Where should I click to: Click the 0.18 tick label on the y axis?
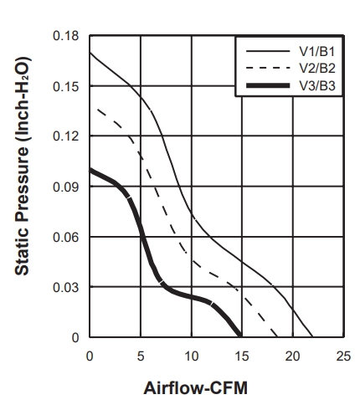pyautogui.click(x=66, y=36)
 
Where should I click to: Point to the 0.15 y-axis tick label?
pyautogui.click(x=66, y=87)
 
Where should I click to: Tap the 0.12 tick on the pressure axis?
pyautogui.click(x=66, y=136)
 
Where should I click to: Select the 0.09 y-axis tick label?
pyautogui.click(x=66, y=187)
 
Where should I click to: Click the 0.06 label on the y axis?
pyautogui.click(x=66, y=237)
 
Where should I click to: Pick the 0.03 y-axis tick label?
pyautogui.click(x=66, y=287)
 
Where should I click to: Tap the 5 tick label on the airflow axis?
pyautogui.click(x=141, y=356)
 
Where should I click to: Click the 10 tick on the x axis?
pyautogui.click(x=192, y=356)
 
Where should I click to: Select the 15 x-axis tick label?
pyautogui.click(x=242, y=356)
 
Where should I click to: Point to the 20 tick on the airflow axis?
pyautogui.click(x=292, y=356)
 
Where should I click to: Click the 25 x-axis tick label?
pyautogui.click(x=343, y=356)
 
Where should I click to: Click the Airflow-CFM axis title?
pyautogui.click(x=195, y=388)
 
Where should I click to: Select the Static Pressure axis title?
pyautogui.click(x=22, y=166)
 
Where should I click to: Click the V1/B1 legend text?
pyautogui.click(x=317, y=52)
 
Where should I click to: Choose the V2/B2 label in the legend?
pyautogui.click(x=317, y=69)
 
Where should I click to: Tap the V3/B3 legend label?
pyautogui.click(x=317, y=85)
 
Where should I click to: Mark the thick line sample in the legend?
pyautogui.click(x=268, y=85)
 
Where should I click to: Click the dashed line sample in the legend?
pyautogui.click(x=268, y=68)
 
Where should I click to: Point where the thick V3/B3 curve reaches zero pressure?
pyautogui.click(x=240, y=336)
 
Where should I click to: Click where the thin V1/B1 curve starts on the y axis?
pyautogui.click(x=90, y=53)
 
